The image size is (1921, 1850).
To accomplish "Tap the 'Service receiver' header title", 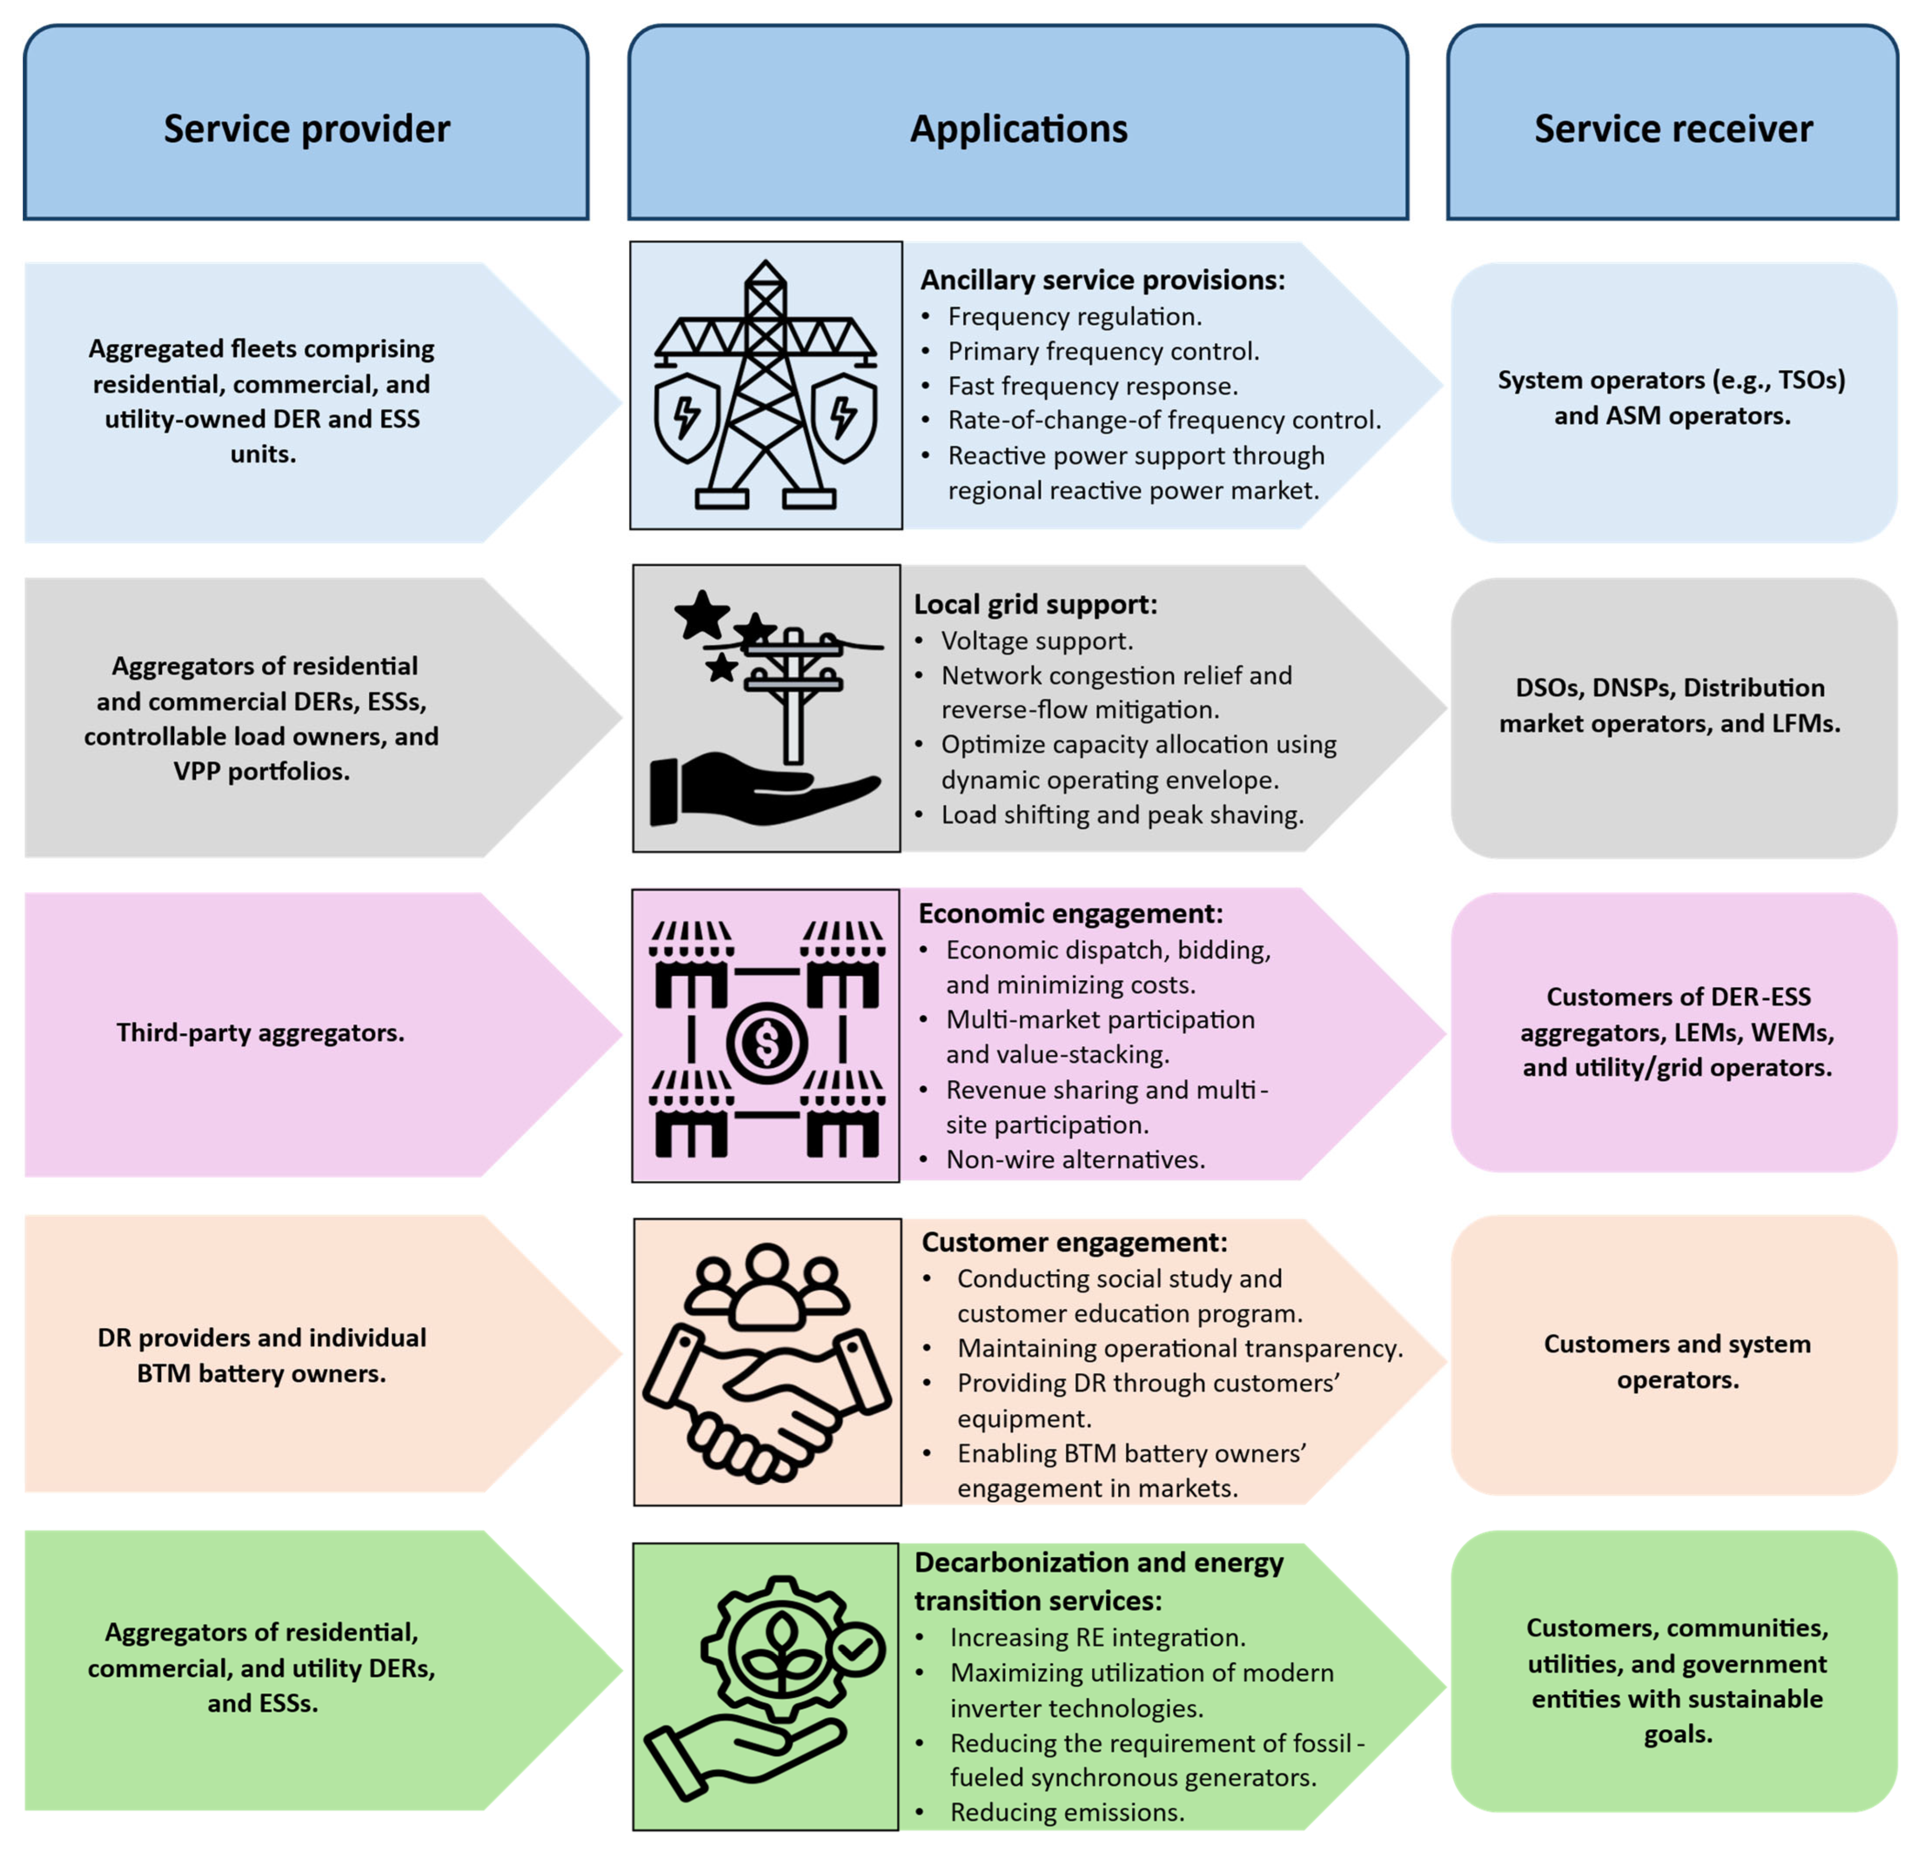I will click(x=1673, y=128).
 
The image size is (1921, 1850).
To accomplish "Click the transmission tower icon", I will click(x=766, y=385).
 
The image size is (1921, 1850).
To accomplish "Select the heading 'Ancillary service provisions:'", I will click(x=1102, y=280).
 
